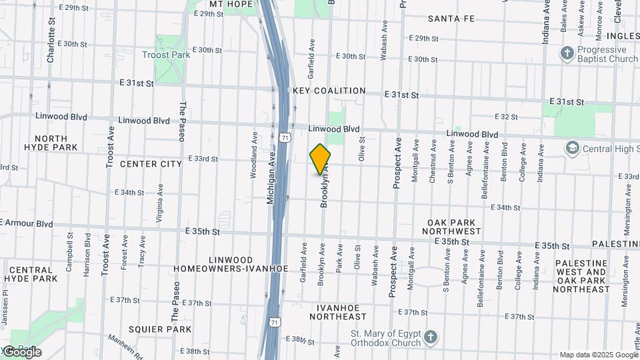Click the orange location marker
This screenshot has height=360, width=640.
click(x=320, y=159)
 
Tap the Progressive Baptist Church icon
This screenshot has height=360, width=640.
click(x=567, y=53)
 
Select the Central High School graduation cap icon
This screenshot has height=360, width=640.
click(x=572, y=147)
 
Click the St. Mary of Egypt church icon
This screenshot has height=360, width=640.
click(x=431, y=337)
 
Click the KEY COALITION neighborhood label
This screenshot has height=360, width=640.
click(x=329, y=91)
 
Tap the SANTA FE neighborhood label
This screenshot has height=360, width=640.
click(x=451, y=19)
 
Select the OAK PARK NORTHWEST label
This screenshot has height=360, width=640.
click(x=454, y=227)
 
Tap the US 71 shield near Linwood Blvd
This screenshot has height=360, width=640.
click(x=285, y=137)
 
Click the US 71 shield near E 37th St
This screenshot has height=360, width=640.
click(x=275, y=322)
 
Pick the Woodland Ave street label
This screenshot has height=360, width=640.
click(x=254, y=154)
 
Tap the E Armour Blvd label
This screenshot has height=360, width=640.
click(x=27, y=224)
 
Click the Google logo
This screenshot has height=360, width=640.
click(x=22, y=351)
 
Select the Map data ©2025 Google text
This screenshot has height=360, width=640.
click(x=598, y=355)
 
